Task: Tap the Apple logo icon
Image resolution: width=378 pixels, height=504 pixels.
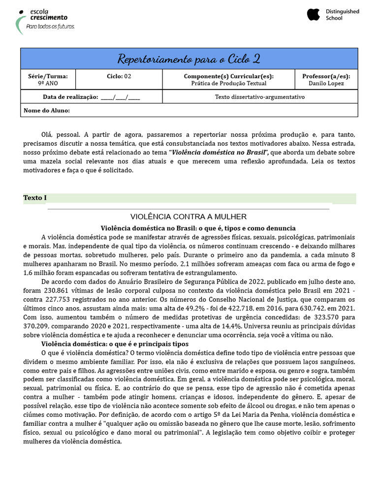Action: coord(314,15)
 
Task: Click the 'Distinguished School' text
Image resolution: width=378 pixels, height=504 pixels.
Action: coord(342,15)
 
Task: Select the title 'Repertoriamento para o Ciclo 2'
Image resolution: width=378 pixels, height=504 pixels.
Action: coord(189,59)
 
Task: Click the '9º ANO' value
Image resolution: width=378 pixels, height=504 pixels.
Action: coord(48,84)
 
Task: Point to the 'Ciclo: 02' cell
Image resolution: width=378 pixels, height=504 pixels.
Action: coord(119,76)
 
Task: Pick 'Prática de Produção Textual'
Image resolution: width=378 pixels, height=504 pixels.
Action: coord(228,84)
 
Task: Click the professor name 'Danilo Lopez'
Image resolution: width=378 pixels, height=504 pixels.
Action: coord(326,84)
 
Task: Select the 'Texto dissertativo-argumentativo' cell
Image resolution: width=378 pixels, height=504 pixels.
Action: coord(259,97)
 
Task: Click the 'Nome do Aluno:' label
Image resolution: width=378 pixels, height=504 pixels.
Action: coord(47,110)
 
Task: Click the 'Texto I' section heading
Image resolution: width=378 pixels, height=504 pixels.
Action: coord(34,198)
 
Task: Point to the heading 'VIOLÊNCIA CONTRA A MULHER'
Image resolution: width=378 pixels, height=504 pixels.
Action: coord(189,217)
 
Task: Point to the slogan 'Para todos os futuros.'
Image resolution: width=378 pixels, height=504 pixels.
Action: coord(50,26)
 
